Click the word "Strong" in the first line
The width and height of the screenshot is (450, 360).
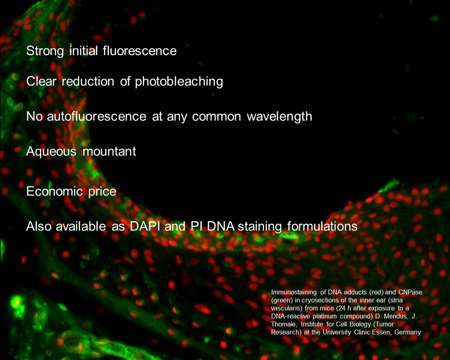45,51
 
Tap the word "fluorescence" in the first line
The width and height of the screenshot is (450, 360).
140,51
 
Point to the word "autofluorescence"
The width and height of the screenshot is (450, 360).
96,116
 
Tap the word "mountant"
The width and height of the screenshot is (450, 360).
109,151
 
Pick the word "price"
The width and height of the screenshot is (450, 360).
102,192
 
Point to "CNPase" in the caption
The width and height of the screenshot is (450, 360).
410,292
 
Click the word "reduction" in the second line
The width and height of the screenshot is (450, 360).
88,82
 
